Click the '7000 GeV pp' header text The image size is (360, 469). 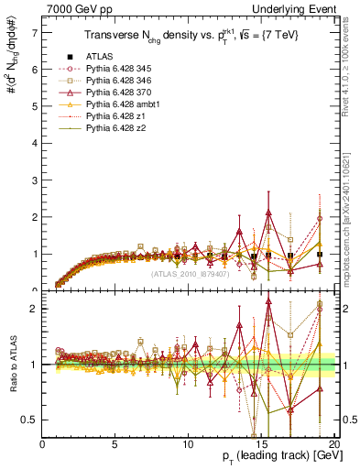[72, 8]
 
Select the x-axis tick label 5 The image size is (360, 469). [115, 444]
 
